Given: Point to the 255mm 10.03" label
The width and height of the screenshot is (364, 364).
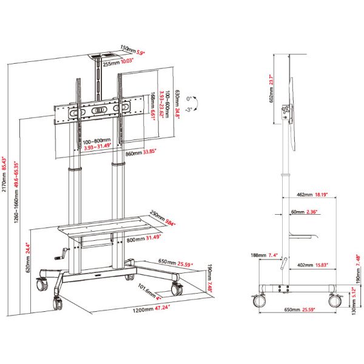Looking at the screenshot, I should pyautogui.click(x=120, y=61).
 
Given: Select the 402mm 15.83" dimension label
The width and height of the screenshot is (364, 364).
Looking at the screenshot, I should pyautogui.click(x=314, y=265).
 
